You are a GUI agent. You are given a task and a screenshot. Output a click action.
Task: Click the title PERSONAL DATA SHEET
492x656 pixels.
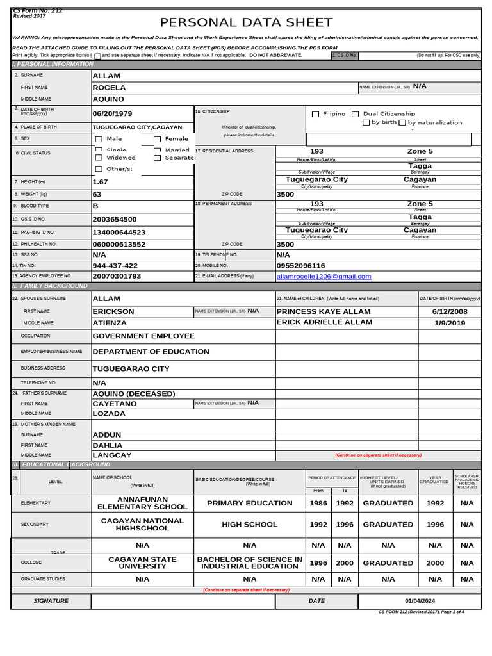tap(246, 22)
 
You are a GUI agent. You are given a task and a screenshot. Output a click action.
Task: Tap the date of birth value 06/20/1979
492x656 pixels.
tap(112, 113)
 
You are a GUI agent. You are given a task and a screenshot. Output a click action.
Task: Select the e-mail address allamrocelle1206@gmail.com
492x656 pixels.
tap(324, 276)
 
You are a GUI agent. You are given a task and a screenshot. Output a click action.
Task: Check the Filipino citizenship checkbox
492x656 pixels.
tap(315, 114)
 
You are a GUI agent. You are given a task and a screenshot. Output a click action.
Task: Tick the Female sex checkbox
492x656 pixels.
tap(157, 139)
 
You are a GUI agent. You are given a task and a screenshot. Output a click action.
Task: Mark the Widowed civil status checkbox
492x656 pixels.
tap(99, 158)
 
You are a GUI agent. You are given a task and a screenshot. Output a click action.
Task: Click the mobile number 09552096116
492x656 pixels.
tap(300, 265)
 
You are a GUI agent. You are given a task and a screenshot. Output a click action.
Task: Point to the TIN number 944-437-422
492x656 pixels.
tap(115, 265)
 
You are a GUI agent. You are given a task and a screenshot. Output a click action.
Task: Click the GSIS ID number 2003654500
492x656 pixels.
tap(115, 219)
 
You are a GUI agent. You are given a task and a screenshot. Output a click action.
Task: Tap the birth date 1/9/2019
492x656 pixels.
tap(449, 323)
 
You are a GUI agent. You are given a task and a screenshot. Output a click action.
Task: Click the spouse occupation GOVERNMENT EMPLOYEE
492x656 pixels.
tap(143, 336)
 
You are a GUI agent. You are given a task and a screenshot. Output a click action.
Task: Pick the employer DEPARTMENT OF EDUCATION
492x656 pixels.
tap(151, 352)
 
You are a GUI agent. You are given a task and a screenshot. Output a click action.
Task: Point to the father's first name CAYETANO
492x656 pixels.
tap(115, 404)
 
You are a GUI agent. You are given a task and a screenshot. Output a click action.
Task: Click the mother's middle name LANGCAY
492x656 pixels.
tap(112, 455)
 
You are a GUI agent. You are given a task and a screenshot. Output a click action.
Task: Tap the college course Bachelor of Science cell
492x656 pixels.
tap(249, 562)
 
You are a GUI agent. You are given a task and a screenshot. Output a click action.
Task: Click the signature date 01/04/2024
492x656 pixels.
tap(420, 601)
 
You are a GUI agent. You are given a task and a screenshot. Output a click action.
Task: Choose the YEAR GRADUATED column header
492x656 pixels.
tap(435, 479)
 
